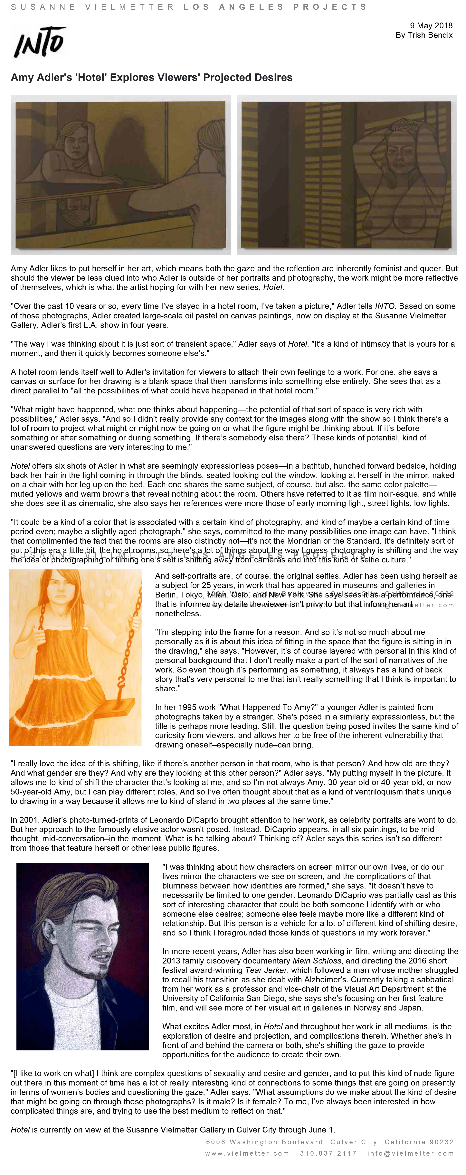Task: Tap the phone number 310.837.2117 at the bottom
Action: pos(328,1153)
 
